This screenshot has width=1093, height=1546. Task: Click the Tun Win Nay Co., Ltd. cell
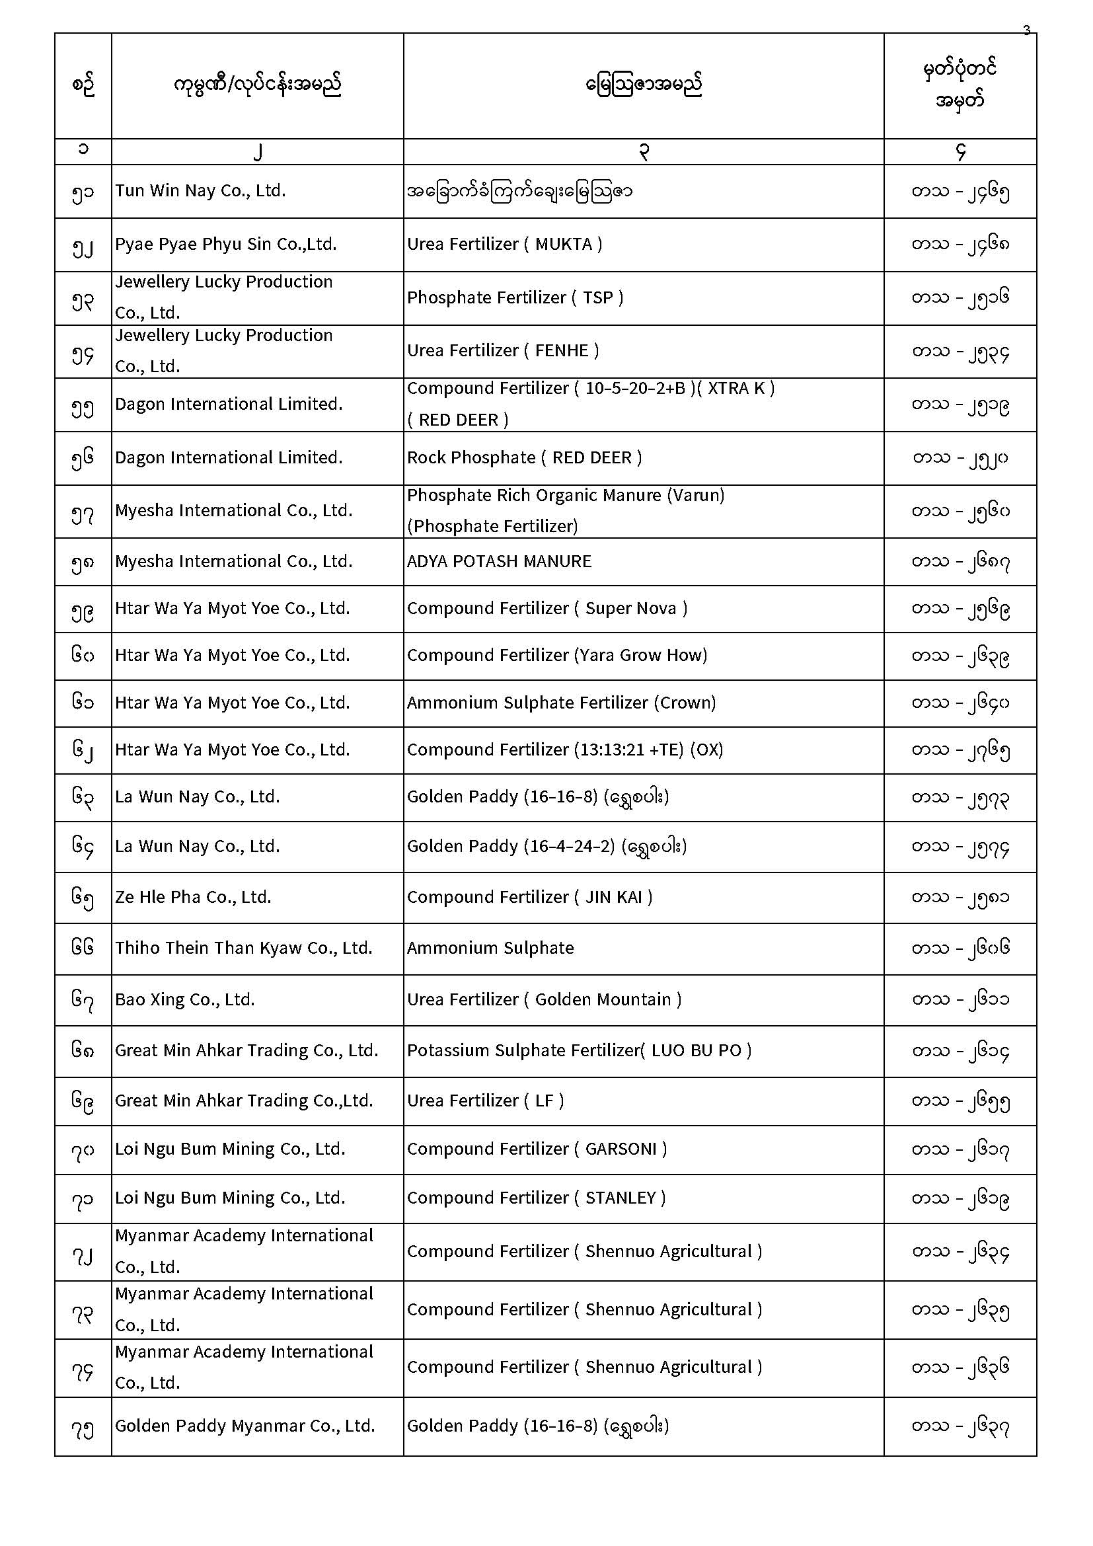pos(201,191)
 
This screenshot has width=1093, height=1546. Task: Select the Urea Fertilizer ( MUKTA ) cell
pos(504,245)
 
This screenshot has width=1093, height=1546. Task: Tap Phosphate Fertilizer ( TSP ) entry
pos(515,297)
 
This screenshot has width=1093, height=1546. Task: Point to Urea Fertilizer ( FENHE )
pos(503,351)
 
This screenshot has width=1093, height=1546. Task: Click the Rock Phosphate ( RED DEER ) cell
pos(524,458)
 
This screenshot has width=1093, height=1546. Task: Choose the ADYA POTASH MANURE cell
pos(499,562)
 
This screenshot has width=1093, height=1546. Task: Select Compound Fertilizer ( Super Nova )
pos(547,609)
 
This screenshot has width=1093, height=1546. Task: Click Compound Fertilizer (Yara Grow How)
pos(556,656)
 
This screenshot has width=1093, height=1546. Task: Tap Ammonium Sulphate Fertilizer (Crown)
pos(561,703)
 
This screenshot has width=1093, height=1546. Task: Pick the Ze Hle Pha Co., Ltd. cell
pos(193,898)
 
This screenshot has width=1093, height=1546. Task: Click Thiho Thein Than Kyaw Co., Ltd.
pos(244,948)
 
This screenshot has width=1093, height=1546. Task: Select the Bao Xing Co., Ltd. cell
pos(185,1000)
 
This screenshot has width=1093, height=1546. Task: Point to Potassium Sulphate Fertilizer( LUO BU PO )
pos(579,1051)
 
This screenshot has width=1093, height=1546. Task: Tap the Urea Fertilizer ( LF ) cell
pos(485,1101)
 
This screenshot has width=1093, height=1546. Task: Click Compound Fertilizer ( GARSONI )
pos(537,1149)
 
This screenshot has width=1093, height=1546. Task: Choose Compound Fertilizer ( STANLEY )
pos(537,1198)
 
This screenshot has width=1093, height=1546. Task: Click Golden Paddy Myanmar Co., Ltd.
pos(245,1426)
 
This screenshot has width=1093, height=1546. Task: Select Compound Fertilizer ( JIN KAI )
pos(530,898)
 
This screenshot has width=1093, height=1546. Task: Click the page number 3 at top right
pos(1026,30)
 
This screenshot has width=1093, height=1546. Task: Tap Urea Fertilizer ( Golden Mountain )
pos(544,1000)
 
